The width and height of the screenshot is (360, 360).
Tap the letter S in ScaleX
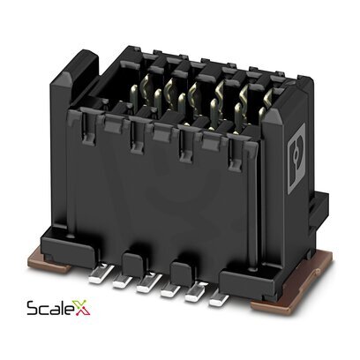(x=32, y=308)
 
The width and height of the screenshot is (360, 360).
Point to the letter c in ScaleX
(x=43, y=310)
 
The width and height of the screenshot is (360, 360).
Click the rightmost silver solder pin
(x=218, y=297)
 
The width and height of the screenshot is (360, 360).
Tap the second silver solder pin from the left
(x=123, y=281)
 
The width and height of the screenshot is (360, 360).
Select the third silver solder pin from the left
(x=148, y=284)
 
